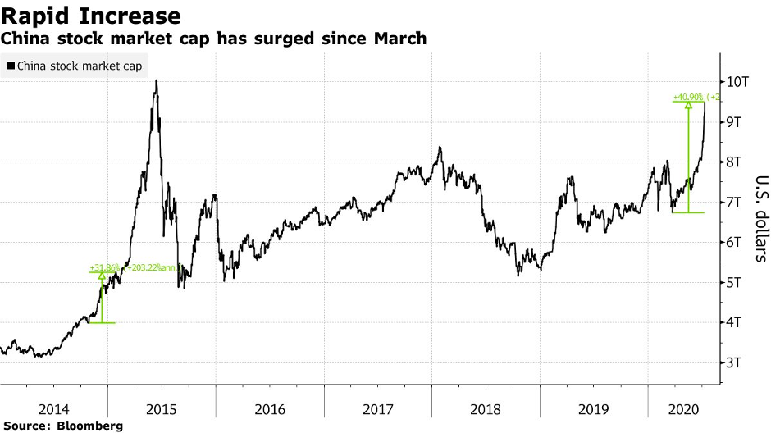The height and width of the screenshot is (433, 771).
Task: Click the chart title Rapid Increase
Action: click(91, 16)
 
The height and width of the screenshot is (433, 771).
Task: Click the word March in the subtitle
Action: click(403, 39)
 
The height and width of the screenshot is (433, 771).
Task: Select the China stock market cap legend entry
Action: click(78, 66)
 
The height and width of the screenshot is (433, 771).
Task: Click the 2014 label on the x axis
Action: click(54, 408)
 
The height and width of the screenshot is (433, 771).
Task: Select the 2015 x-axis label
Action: click(162, 408)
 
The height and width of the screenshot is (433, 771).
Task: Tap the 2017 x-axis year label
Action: click(378, 408)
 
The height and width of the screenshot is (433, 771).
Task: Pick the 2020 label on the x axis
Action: click(682, 408)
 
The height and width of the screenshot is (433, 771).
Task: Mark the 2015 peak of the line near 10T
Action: click(156, 80)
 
